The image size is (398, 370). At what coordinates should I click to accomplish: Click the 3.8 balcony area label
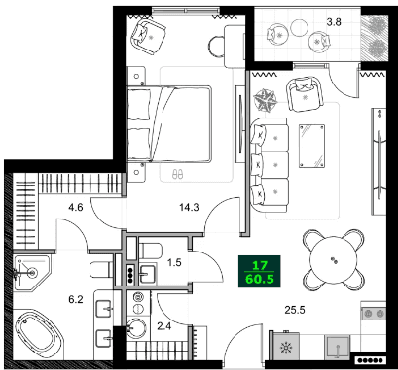pos(333,20)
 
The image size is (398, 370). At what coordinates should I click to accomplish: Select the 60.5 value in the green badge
pos(260,281)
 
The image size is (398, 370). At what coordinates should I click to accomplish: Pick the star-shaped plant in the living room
pos(266,97)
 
